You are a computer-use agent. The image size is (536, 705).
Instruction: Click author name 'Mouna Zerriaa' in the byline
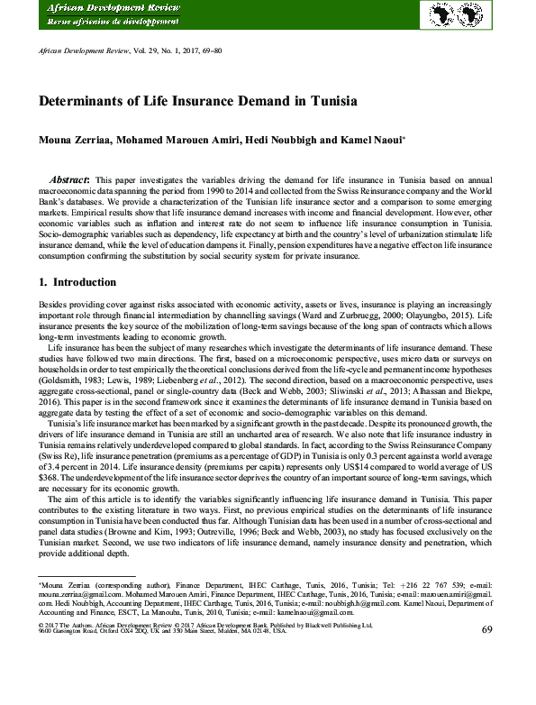tap(71, 141)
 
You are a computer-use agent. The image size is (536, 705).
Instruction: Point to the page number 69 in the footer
tap(487, 629)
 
